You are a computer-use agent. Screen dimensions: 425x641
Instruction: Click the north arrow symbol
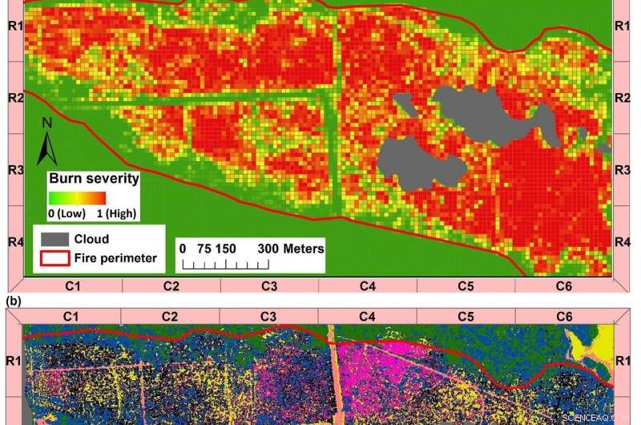coord(47,142)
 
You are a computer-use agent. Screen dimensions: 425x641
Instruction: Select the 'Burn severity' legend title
coord(94,178)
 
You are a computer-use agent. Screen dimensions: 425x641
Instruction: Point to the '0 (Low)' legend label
coord(68,213)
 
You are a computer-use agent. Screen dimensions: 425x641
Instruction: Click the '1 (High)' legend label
coord(116,213)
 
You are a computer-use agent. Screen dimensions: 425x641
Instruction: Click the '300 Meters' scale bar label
coord(291,249)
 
